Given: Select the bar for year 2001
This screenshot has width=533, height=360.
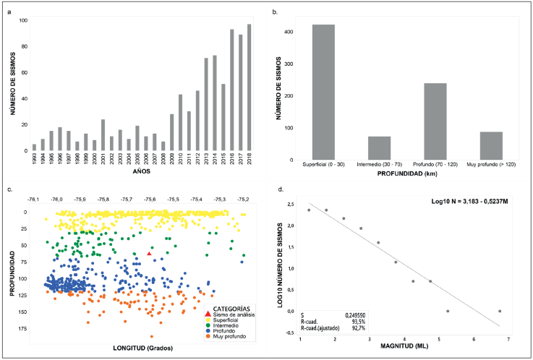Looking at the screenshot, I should (x=103, y=135).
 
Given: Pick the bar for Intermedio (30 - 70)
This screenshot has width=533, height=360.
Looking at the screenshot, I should (x=379, y=148).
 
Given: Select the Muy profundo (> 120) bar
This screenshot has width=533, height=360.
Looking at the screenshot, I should (x=490, y=146).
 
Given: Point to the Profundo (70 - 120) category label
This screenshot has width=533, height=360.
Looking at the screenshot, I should (x=435, y=167).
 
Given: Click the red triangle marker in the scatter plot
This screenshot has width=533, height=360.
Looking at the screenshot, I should (x=149, y=254).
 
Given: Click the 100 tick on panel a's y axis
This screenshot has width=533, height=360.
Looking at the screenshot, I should (x=24, y=20).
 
